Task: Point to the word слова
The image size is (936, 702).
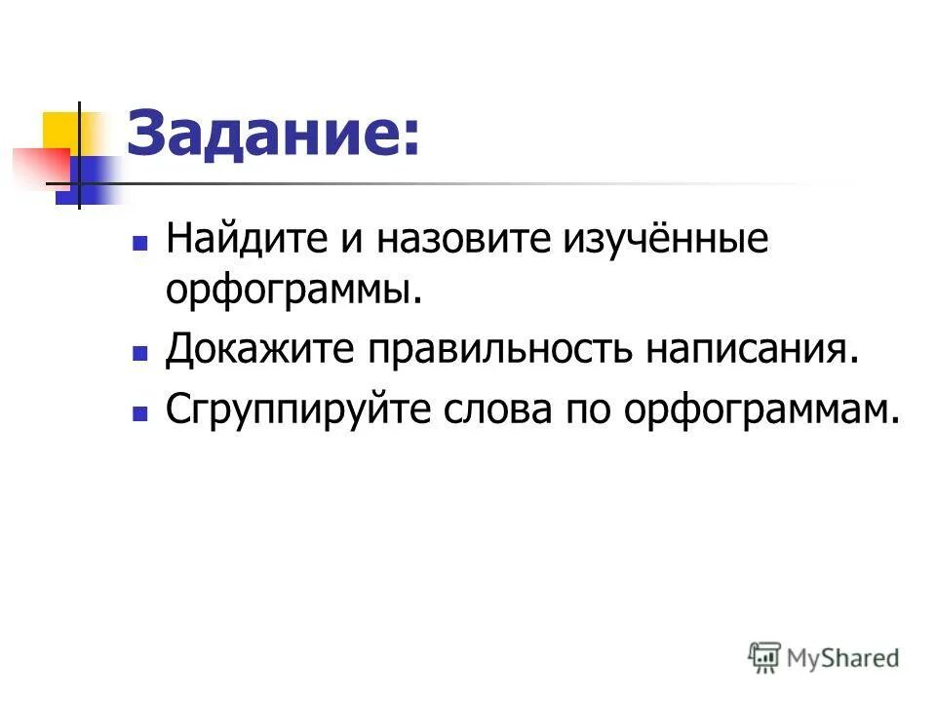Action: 502,410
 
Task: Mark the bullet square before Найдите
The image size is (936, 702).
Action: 140,241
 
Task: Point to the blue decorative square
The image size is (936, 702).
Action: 86,182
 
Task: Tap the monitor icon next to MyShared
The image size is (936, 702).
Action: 764,657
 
